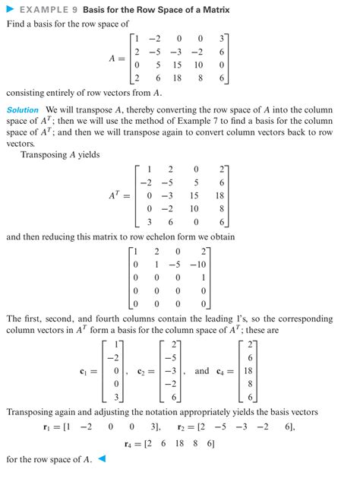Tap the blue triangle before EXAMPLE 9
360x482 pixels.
pos(10,10)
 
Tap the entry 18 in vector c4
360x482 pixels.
pos(251,371)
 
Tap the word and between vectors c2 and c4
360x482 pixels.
pos(202,371)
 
